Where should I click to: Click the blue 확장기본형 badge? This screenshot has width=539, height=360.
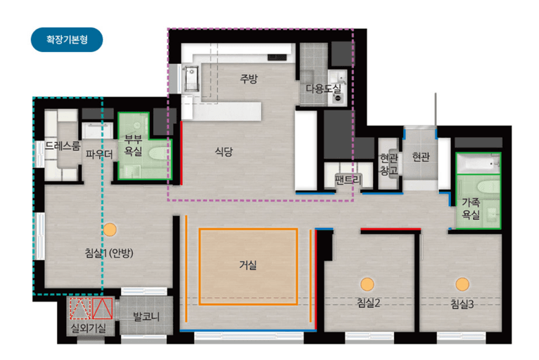click(67, 39)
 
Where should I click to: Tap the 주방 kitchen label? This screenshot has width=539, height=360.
click(248, 79)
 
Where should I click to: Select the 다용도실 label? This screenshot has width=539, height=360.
click(324, 89)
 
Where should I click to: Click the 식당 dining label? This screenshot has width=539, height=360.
click(224, 151)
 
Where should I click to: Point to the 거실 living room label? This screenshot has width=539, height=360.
click(248, 265)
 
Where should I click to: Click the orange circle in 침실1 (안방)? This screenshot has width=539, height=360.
click(110, 229)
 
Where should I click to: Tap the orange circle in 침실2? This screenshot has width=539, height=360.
click(367, 285)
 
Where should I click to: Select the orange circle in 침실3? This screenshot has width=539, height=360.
click(462, 285)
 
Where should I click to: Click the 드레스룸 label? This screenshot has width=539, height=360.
click(63, 146)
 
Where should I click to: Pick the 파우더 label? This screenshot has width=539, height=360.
click(99, 154)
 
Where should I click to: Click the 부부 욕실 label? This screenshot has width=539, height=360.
click(133, 146)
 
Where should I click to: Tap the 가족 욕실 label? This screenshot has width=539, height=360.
click(471, 209)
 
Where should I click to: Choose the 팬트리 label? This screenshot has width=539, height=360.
click(348, 180)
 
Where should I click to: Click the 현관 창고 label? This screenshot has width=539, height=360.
click(389, 164)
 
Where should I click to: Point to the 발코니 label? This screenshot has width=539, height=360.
click(146, 316)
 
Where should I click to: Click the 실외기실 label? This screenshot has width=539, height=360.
click(89, 328)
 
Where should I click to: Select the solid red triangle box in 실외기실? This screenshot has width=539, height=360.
click(102, 309)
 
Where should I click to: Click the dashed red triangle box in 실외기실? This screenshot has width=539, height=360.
click(80, 309)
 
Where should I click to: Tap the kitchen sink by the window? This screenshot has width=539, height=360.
click(191, 79)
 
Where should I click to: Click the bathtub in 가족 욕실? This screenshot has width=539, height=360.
click(478, 163)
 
